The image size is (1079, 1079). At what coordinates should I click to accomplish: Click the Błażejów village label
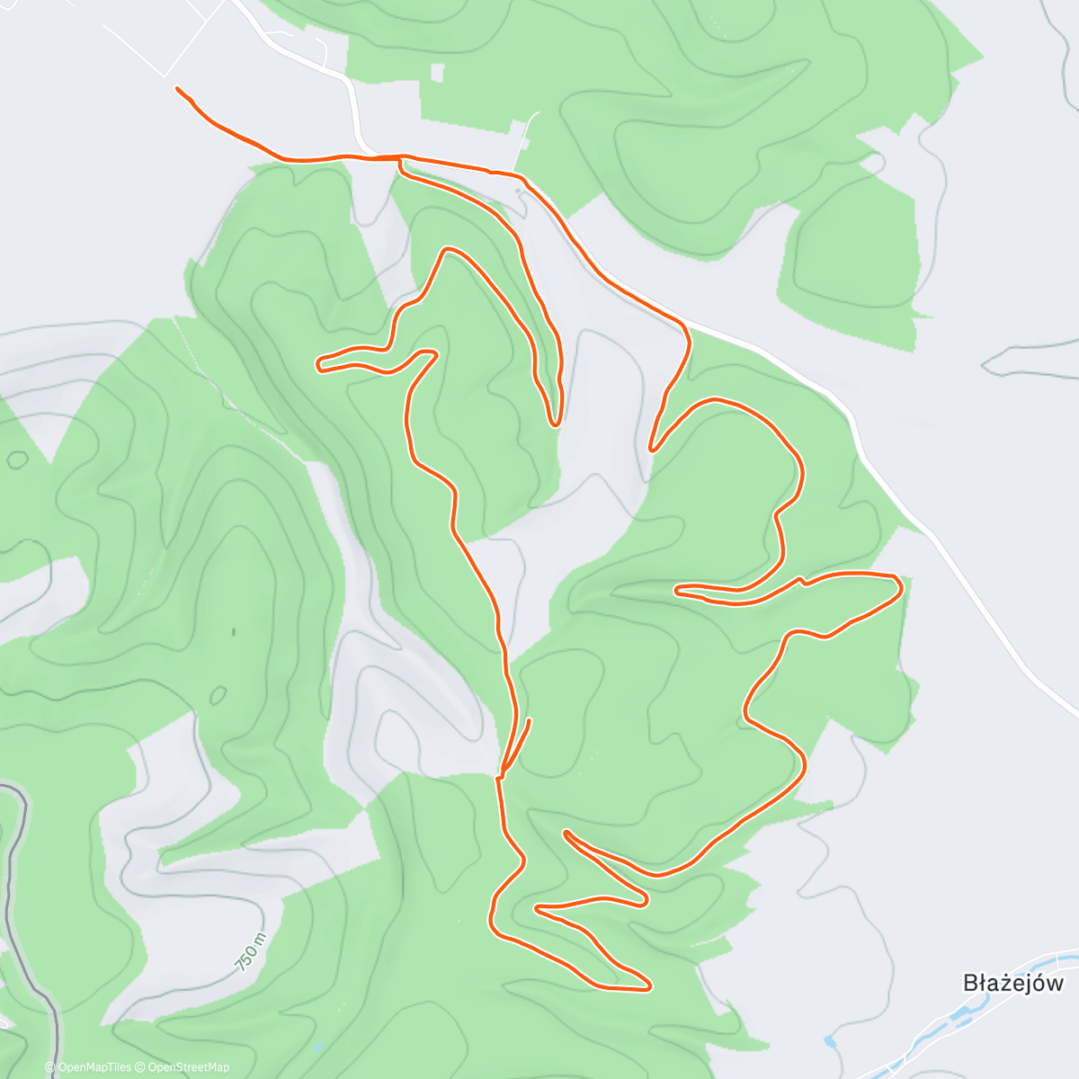pyautogui.click(x=1012, y=983)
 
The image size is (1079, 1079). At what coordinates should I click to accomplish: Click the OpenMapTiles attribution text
pyautogui.click(x=94, y=1067)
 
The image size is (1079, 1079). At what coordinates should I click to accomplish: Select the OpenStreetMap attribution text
pyautogui.click(x=188, y=1067)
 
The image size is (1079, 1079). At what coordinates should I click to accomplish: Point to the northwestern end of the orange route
pyautogui.click(x=178, y=89)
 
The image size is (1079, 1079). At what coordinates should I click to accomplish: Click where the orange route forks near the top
pyautogui.click(x=398, y=159)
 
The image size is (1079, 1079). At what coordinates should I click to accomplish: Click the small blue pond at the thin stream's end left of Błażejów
pyautogui.click(x=829, y=1041)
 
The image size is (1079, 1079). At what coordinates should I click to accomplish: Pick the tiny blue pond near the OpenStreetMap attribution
pyautogui.click(x=317, y=1048)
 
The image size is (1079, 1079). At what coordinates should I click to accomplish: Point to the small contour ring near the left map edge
pyautogui.click(x=17, y=459)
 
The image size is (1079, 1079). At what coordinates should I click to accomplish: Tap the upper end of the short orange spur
pyautogui.click(x=529, y=720)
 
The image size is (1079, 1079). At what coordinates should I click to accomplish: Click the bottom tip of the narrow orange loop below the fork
pyautogui.click(x=556, y=423)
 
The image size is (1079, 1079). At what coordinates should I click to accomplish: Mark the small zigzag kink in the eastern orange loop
pyautogui.click(x=801, y=582)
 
